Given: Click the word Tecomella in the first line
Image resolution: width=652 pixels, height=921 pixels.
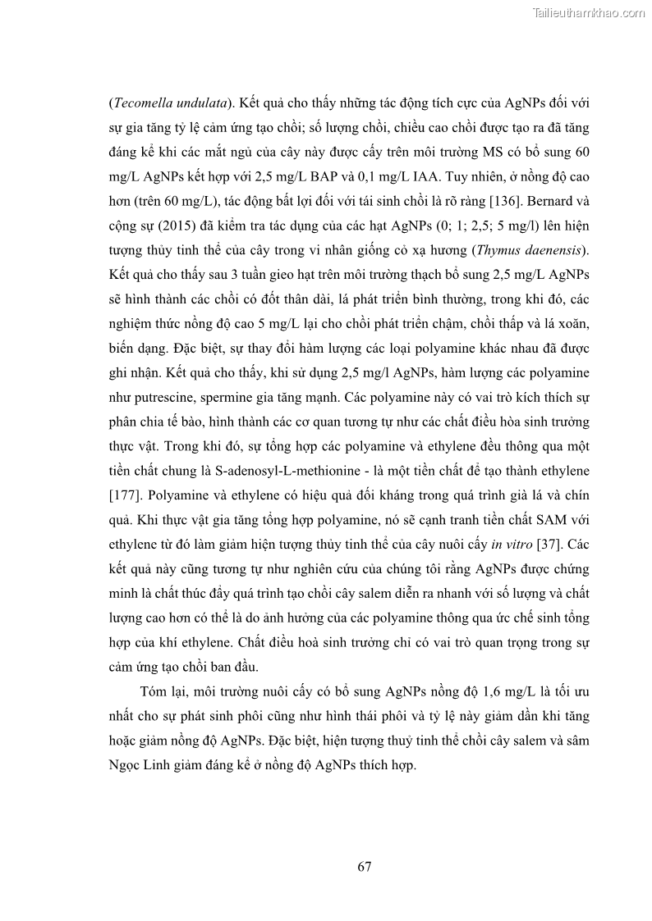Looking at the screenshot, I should click(140, 104).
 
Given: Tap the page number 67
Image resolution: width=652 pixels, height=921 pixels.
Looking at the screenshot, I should click(365, 865).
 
